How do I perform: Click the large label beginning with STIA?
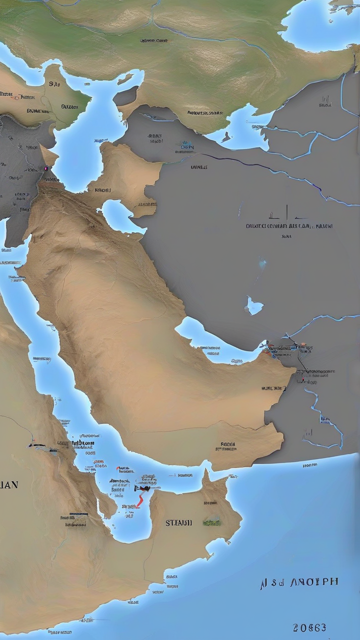pyautogui.click(x=178, y=522)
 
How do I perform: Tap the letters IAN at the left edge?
pyautogui.click(x=9, y=484)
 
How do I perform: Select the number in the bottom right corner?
pyautogui.click(x=310, y=627)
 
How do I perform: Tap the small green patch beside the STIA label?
pyautogui.click(x=211, y=522)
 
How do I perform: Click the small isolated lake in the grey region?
pyautogui.click(x=254, y=305)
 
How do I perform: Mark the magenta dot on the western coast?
pyautogui.click(x=46, y=168)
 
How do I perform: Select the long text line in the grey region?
pyautogui.click(x=289, y=226)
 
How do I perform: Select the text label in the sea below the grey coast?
pyautogui.click(x=309, y=465)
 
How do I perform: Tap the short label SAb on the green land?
pyautogui.click(x=54, y=83)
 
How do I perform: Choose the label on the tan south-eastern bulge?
pyautogui.click(x=227, y=445)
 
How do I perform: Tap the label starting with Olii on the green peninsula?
pyautogui.click(x=69, y=106)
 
